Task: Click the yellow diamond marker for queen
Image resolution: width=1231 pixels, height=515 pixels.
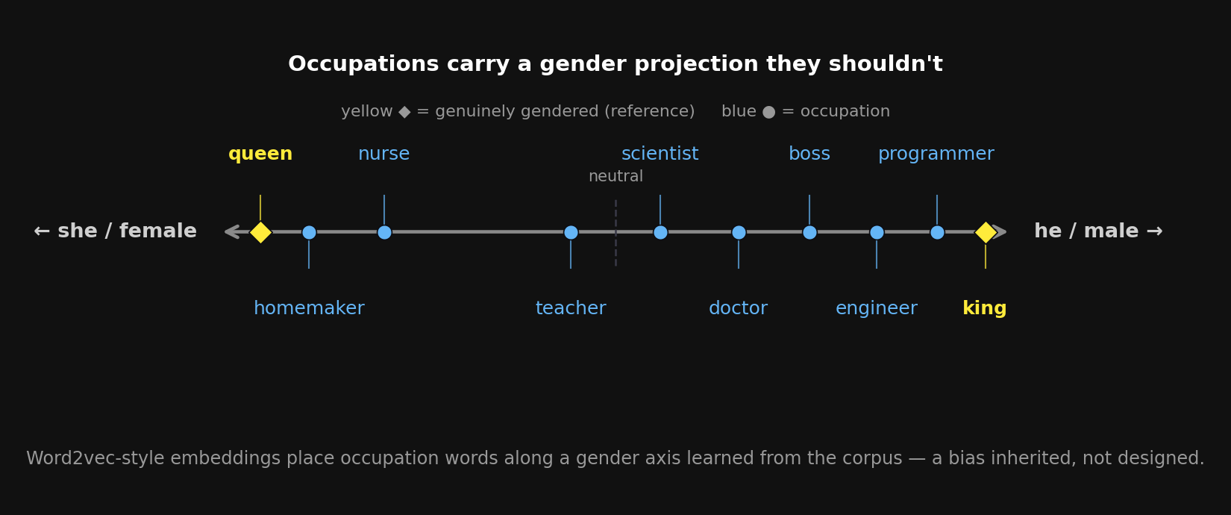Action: point(260,232)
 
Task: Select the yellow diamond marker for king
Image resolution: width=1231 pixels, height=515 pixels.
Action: point(986,232)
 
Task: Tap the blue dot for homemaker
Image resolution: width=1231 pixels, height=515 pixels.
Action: point(309,232)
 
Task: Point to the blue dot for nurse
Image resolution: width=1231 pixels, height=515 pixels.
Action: point(384,232)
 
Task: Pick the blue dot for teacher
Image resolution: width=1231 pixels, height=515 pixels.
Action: point(571,232)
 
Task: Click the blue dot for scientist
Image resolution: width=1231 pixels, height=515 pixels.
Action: point(660,232)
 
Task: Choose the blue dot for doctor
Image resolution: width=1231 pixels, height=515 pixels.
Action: point(739,232)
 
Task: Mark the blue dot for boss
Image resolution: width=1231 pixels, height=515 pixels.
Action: point(809,232)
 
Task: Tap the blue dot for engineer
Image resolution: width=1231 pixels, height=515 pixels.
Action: point(877,232)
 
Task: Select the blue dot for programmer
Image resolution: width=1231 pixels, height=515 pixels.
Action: point(937,232)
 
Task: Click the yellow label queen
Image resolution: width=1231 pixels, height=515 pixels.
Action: point(260,154)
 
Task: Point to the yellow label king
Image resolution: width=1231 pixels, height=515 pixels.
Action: point(984,308)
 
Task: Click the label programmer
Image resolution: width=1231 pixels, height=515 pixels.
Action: point(936,154)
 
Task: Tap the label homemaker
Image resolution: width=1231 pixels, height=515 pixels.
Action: point(309,308)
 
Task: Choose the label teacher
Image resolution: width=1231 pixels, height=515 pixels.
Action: point(571,308)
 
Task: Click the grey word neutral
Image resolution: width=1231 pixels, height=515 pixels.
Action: point(615,176)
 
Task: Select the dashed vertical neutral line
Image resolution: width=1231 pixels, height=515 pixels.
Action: point(615,233)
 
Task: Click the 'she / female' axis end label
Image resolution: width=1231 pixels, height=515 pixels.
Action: point(116,231)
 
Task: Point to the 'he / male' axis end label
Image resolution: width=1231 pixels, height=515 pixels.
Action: point(1098,231)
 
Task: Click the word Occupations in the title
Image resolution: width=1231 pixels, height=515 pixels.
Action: point(364,64)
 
